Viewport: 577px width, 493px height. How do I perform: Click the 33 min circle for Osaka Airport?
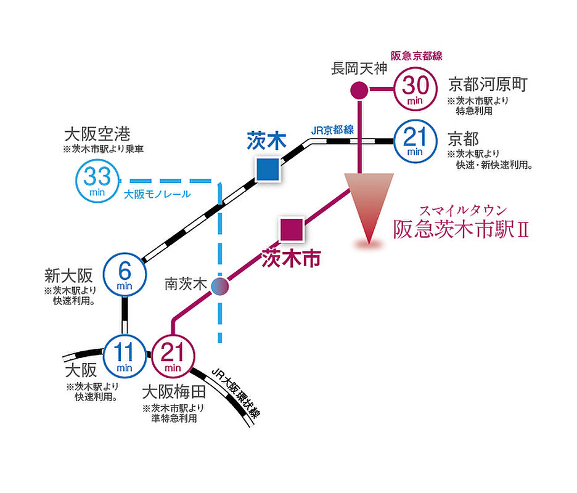click(97, 181)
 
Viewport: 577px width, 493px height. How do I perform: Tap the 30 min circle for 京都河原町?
click(415, 89)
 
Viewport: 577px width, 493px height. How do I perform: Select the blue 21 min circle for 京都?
click(415, 141)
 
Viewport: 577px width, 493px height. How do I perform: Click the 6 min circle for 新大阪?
click(125, 274)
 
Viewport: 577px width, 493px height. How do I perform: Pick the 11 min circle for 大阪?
click(125, 356)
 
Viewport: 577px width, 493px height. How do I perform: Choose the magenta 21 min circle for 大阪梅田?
click(173, 356)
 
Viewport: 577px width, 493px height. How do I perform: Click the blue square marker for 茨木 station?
click(268, 169)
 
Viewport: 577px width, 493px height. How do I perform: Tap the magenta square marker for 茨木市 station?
click(292, 229)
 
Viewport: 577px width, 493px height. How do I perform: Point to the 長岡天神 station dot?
click(359, 90)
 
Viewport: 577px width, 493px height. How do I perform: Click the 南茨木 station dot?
click(220, 286)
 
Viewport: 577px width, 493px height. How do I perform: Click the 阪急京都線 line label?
click(417, 56)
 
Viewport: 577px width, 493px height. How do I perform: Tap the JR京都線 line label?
click(332, 130)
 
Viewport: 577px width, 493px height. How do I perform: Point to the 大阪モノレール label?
click(157, 194)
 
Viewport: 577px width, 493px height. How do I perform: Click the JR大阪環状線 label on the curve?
click(236, 393)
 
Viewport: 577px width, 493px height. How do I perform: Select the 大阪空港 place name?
click(97, 134)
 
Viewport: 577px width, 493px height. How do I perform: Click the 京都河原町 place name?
click(488, 84)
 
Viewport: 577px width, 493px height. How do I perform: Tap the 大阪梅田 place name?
click(174, 392)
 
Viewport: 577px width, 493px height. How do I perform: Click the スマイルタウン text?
click(464, 211)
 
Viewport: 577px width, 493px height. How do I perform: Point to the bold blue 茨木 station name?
click(267, 141)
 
